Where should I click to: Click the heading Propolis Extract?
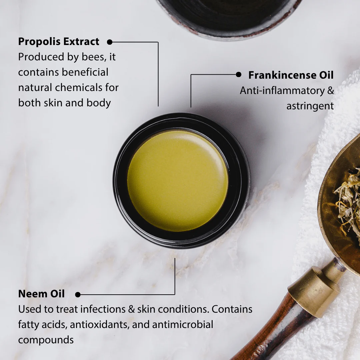(59, 42)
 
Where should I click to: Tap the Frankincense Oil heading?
(291, 75)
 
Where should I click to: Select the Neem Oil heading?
(41, 294)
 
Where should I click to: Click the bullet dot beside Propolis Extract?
(110, 42)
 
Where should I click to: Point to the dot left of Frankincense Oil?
(239, 74)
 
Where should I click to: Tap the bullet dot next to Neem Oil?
(78, 295)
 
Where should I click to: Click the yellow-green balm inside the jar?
(178, 181)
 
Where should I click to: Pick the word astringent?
(310, 106)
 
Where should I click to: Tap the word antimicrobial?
(183, 324)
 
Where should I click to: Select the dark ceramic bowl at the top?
(230, 17)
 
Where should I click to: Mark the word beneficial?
(85, 72)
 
